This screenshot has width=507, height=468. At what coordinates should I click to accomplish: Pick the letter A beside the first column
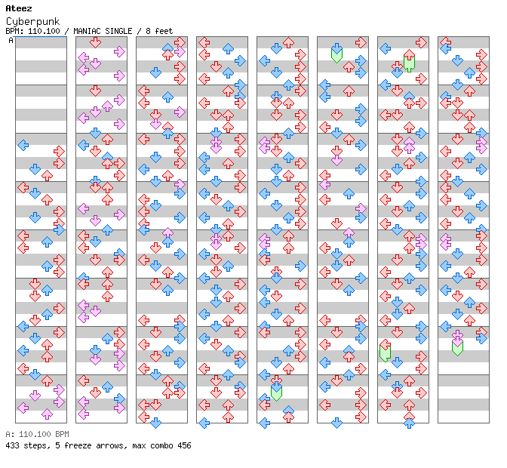point(11,40)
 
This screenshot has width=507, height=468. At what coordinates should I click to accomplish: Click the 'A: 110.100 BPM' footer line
point(37,434)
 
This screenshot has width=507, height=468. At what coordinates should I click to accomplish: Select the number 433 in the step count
point(13,445)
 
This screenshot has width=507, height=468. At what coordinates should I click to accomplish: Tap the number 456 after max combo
point(183,445)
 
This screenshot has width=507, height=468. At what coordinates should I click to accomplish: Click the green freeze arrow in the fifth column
point(276,391)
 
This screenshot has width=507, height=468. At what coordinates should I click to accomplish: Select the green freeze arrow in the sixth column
point(336,54)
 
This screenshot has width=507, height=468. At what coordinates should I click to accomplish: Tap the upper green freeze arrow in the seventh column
point(409,62)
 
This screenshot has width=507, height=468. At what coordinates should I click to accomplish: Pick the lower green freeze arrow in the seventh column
point(385,351)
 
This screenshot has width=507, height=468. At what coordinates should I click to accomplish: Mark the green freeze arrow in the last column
point(457,347)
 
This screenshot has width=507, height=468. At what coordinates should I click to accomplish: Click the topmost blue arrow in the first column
point(23,145)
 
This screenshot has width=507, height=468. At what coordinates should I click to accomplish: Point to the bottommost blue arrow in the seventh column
point(409,423)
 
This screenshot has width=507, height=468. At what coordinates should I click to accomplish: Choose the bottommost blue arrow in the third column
point(155,423)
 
